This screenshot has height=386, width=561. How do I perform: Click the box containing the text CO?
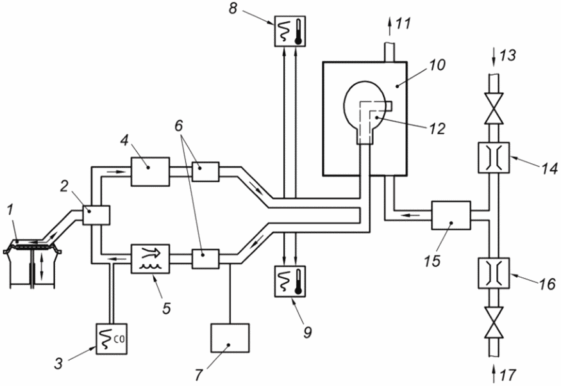coord(112,339)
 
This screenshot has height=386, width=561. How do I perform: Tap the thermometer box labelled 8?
coord(290,31)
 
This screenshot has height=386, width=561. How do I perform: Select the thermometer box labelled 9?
coord(290,282)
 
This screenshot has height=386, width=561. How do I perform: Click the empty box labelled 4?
coord(150,172)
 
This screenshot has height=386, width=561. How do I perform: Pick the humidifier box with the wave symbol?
coord(150,259)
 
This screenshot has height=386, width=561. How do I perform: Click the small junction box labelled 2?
coord(96,215)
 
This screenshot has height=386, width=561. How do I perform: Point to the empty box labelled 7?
coord(230,338)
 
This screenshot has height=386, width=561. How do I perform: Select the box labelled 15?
coord(451,215)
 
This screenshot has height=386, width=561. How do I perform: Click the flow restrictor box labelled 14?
coord(494,157)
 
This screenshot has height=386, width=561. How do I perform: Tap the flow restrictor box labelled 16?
coord(494,273)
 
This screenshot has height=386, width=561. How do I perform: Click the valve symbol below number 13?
coord(494,109)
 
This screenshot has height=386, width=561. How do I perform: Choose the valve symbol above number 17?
coord(494,323)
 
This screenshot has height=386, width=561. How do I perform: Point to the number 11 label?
coord(403,24)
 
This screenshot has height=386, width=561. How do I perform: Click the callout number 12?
coord(437,129)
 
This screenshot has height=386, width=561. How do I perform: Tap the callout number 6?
coord(178,125)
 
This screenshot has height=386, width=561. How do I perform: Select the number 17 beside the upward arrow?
coord(508,375)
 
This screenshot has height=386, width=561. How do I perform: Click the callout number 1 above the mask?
coord(10,209)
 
